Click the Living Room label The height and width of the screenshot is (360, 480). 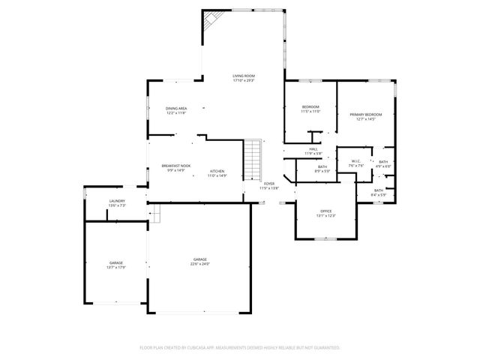244,78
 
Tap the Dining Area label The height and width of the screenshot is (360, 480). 176,110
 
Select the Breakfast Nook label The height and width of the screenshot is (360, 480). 175,168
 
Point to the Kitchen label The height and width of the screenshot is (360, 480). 217,172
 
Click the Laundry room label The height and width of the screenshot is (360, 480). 116,202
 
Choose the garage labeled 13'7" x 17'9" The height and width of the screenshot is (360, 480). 115,264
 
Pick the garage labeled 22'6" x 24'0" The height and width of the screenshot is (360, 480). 199,262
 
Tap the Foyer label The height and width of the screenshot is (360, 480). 268,185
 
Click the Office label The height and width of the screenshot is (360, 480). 325,213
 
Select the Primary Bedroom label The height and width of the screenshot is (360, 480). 365,115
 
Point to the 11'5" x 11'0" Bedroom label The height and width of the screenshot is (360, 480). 310,109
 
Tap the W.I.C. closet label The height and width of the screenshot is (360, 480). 357,163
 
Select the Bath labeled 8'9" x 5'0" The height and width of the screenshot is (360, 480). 322,168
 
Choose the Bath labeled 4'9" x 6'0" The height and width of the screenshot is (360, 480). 382,163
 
